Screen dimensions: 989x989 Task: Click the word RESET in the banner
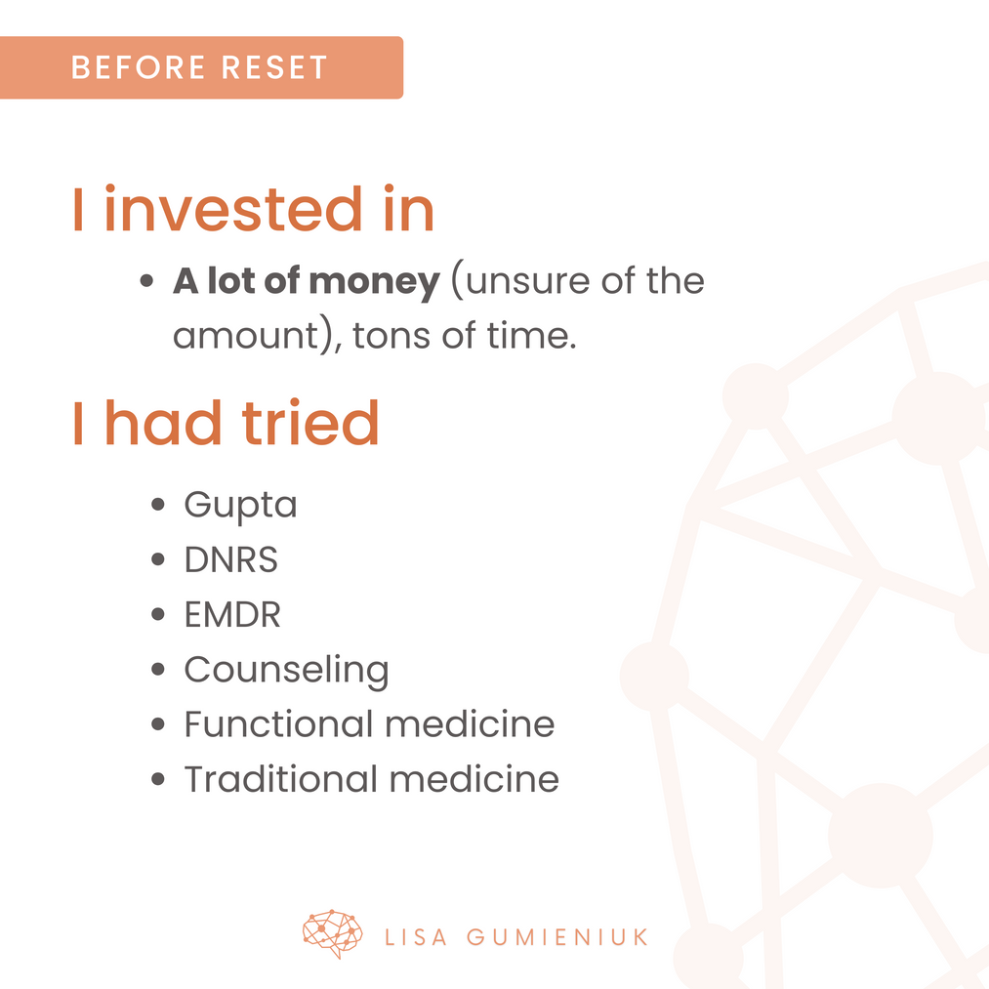(x=274, y=67)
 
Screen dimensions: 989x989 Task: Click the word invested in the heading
(x=233, y=209)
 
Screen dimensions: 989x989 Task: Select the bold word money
(x=375, y=282)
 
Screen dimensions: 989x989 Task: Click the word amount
(x=247, y=336)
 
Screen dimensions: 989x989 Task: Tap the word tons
(x=391, y=336)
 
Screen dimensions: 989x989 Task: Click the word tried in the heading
(x=310, y=423)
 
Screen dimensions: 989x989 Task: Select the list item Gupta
(x=240, y=506)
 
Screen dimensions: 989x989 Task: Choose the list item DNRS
(x=230, y=559)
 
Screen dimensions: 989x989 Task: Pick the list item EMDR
(x=232, y=614)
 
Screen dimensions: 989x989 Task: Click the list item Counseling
(x=286, y=671)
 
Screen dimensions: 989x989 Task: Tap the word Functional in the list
(x=279, y=723)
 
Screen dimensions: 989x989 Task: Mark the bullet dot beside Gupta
(x=158, y=505)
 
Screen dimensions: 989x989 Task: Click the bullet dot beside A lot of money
(x=147, y=280)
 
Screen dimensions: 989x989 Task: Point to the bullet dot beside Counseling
(x=158, y=669)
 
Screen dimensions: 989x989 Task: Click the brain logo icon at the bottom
(x=332, y=933)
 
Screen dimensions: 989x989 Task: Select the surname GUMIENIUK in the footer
(x=557, y=937)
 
